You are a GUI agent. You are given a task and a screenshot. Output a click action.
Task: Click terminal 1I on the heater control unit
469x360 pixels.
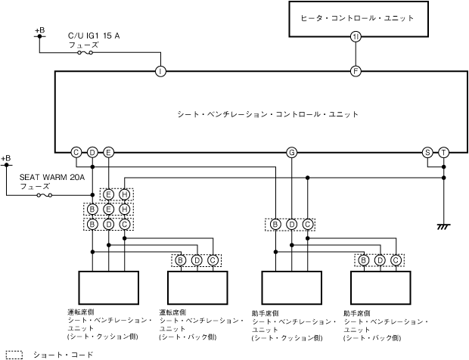tap(356, 37)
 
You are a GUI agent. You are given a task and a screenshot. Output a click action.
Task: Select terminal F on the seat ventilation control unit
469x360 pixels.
tap(356, 71)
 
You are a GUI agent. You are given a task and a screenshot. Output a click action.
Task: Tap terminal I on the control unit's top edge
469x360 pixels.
tap(160, 71)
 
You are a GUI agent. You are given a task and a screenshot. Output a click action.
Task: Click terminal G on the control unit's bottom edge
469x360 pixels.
tap(292, 153)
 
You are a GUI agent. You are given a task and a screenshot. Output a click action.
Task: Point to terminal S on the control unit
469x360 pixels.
tap(427, 153)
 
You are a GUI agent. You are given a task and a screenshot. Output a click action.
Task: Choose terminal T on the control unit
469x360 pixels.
tap(443, 153)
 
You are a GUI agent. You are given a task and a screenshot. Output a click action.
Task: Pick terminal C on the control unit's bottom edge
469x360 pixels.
tap(76, 153)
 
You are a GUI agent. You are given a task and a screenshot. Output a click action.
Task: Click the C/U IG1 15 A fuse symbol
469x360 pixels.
tap(85, 53)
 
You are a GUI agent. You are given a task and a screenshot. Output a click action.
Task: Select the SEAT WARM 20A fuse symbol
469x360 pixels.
tap(45, 195)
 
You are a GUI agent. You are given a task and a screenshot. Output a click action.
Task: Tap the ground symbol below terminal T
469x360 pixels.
tap(443, 227)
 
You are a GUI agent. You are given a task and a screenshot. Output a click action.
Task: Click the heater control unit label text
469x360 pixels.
tap(358, 18)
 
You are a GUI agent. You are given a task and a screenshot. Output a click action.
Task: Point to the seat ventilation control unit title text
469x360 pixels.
tap(268, 114)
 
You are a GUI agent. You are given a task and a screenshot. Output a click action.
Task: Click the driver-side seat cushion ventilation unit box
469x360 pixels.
tap(109, 287)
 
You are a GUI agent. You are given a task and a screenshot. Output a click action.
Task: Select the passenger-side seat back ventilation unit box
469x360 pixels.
tap(380, 287)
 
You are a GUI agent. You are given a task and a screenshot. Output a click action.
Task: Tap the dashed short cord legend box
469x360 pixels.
tap(14, 355)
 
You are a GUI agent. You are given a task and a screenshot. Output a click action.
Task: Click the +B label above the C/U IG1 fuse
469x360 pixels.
tap(40, 30)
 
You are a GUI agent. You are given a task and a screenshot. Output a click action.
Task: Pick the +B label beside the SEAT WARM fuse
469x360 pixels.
tap(6, 158)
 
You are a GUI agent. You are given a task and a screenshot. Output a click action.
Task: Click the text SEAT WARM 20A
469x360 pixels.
tap(52, 177)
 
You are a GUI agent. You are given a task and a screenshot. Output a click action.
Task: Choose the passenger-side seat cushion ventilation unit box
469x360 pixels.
tap(292, 287)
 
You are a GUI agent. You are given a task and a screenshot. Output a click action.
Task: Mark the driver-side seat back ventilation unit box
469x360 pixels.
tap(197, 287)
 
